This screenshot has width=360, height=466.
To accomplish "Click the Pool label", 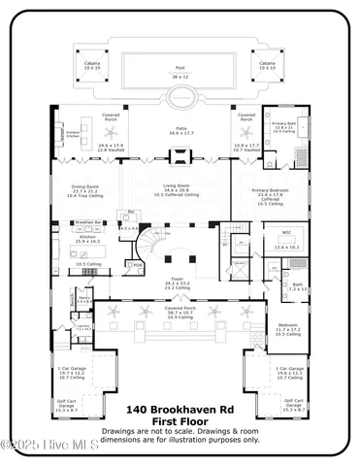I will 180,68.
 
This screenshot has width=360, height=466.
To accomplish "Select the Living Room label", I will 177,187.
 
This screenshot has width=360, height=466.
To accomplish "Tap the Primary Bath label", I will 283,124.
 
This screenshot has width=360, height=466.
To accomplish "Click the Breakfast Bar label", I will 90,222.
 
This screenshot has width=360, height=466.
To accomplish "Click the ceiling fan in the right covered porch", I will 246,128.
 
